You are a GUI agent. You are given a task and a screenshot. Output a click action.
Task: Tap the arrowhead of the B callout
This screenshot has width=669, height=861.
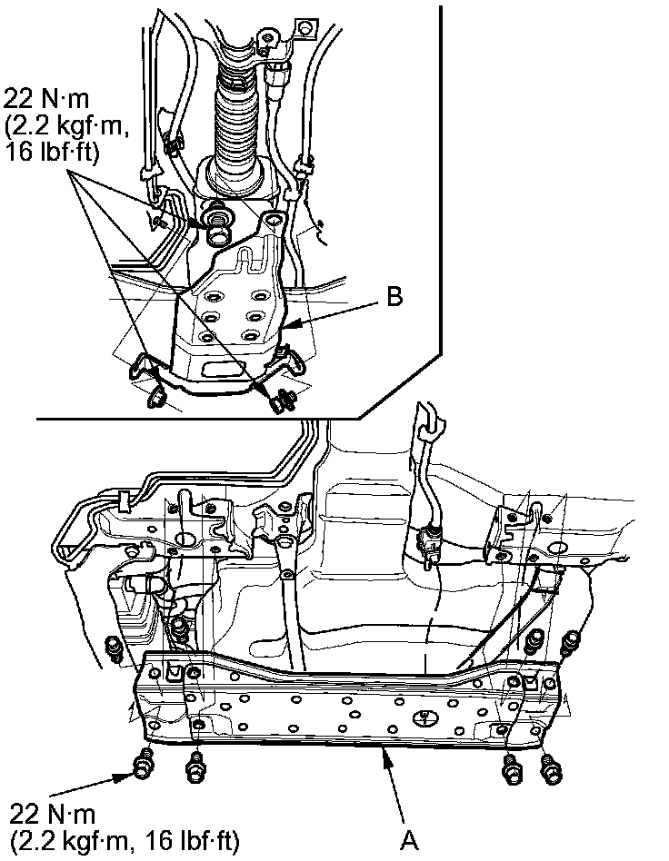pyautogui.click(x=284, y=323)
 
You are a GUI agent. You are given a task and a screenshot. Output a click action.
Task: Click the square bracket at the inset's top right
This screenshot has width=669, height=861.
pyautogui.click(x=315, y=33)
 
